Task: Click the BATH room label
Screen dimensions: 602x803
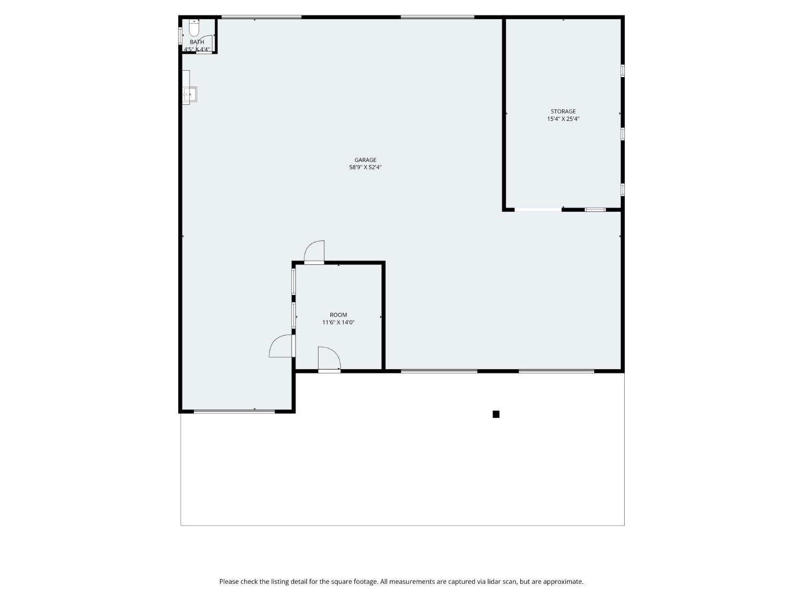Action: [197, 42]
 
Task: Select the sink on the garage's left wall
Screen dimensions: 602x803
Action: [190, 95]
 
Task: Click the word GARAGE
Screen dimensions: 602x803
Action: [365, 160]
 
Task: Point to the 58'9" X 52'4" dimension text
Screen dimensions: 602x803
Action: [365, 167]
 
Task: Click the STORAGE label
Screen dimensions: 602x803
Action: [563, 112]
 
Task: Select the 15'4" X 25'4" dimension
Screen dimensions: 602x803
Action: [563, 119]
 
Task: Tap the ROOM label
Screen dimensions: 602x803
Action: [338, 315]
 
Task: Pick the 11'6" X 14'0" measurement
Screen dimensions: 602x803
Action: [338, 323]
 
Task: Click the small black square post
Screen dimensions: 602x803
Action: [496, 414]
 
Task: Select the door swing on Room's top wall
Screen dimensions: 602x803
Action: [315, 252]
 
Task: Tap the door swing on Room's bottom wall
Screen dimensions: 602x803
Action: [328, 358]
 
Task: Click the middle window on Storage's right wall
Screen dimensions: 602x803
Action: [623, 133]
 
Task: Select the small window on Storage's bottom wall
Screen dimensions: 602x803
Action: [595, 210]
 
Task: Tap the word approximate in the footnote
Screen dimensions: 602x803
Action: [563, 582]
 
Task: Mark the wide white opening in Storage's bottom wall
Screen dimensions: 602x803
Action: [538, 210]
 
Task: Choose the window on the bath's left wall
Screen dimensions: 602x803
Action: [180, 34]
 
